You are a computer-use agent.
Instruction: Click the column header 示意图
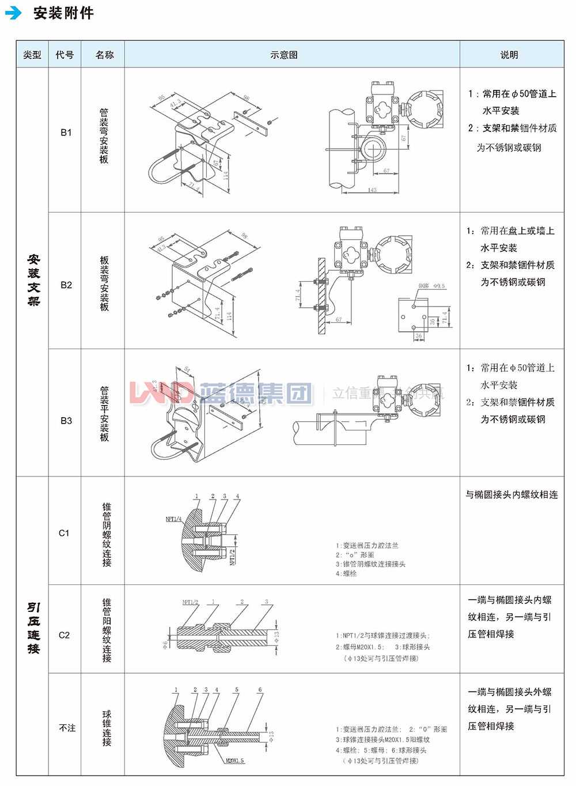pos(284,55)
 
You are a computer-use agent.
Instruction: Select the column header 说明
pos(509,55)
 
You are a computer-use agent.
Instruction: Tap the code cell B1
pos(66,133)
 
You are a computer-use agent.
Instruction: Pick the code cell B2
pos(66,285)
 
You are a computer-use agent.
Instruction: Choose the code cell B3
pos(66,420)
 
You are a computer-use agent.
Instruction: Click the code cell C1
pos(65,533)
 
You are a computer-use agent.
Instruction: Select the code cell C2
pos(65,635)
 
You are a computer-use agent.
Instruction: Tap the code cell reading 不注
pos(67,728)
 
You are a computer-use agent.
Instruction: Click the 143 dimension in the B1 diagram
pos(372,190)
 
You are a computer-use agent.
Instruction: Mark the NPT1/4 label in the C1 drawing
pos(173,519)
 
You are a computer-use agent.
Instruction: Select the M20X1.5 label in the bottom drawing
pos(234,761)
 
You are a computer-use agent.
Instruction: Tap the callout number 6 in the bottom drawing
pos(260,690)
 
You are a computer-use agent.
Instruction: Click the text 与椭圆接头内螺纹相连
pos(511,494)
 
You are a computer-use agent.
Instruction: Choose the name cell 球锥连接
pos(107,728)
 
